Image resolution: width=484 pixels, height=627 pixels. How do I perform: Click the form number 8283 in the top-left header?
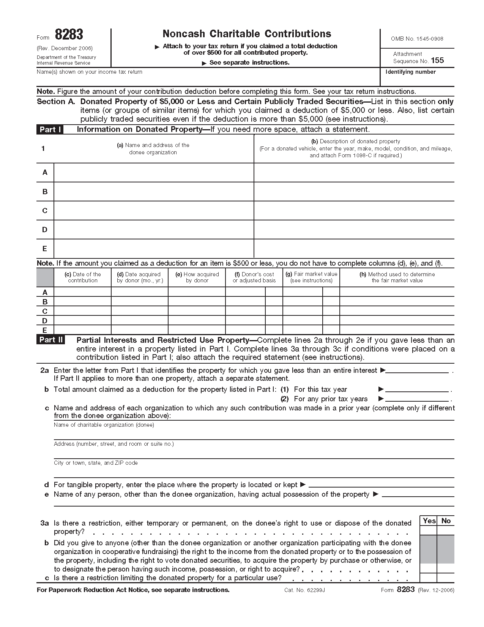(69, 35)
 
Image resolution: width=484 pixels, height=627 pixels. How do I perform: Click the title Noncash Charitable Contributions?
(247, 34)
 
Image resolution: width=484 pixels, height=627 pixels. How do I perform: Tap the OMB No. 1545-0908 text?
(417, 39)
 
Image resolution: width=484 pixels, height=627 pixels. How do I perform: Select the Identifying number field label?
(410, 72)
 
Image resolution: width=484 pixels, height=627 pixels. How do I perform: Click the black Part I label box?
(50, 130)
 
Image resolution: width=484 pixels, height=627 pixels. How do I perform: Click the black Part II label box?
(51, 340)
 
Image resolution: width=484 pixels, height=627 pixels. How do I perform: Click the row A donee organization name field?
(153, 173)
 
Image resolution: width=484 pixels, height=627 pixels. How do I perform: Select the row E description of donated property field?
(354, 249)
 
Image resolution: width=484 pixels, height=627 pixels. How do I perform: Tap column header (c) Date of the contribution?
(83, 277)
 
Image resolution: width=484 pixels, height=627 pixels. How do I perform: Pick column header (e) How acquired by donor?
(197, 277)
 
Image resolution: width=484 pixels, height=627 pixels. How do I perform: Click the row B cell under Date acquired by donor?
(140, 302)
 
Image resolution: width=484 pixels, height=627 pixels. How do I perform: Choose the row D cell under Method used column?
(397, 321)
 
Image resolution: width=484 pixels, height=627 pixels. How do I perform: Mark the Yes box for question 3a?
(429, 530)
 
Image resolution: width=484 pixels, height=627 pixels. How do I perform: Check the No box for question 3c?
(446, 578)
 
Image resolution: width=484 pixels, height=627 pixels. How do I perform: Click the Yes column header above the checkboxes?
(429, 521)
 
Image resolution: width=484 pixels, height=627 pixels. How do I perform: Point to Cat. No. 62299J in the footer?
(304, 590)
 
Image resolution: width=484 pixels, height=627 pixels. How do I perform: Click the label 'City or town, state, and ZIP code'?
(96, 463)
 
